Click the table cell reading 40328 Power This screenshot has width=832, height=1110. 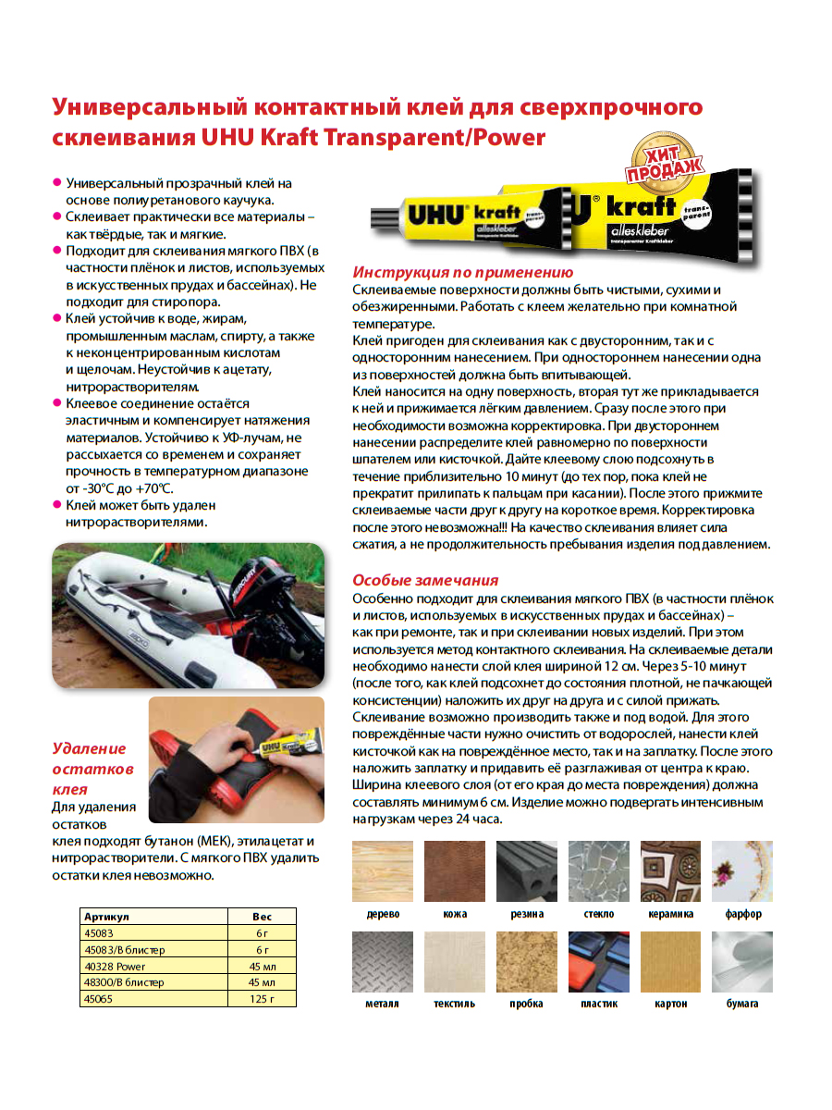[153, 966]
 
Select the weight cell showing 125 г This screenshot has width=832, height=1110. [263, 998]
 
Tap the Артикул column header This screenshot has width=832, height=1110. [153, 916]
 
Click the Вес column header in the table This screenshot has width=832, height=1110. [263, 916]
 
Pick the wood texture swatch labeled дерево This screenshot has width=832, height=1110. [383, 870]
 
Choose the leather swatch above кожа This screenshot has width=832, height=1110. [455, 870]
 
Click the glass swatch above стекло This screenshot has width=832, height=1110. [598, 870]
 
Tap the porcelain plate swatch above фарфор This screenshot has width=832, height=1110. [742, 870]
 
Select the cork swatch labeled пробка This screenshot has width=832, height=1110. [526, 961]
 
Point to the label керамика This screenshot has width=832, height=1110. [670, 914]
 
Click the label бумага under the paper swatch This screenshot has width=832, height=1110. [742, 1004]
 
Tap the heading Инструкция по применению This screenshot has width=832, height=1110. [462, 272]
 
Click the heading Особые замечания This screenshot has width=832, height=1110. [425, 580]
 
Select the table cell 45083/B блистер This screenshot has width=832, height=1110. [153, 949]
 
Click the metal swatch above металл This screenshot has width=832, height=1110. [383, 961]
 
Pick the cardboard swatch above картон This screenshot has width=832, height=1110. [670, 961]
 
